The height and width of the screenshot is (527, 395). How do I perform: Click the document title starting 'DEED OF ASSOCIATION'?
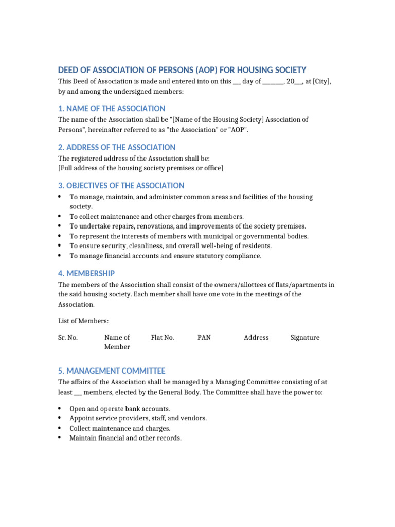(182, 70)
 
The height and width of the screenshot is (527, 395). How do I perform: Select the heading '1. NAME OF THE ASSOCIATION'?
(112, 109)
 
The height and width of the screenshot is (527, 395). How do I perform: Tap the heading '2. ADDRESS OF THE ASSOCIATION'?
(117, 147)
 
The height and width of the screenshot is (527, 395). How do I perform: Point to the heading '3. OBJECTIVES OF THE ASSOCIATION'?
(121, 186)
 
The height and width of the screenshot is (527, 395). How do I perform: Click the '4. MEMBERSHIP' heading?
(86, 273)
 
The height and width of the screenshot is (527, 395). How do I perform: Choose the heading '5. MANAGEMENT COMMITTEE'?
(112, 371)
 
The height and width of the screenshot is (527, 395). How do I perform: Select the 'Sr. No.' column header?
(68, 338)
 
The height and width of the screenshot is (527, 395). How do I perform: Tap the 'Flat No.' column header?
(163, 338)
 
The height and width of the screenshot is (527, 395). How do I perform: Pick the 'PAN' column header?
(204, 338)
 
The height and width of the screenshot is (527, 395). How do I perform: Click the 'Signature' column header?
(304, 338)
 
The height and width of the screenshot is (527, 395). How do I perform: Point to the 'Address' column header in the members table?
(256, 338)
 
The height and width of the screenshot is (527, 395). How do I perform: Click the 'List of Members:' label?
(83, 321)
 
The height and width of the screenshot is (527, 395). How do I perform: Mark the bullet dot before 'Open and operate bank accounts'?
(61, 408)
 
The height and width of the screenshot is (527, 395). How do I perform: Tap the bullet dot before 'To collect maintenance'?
(61, 216)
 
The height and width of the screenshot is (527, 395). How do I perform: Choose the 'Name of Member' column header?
(117, 342)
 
